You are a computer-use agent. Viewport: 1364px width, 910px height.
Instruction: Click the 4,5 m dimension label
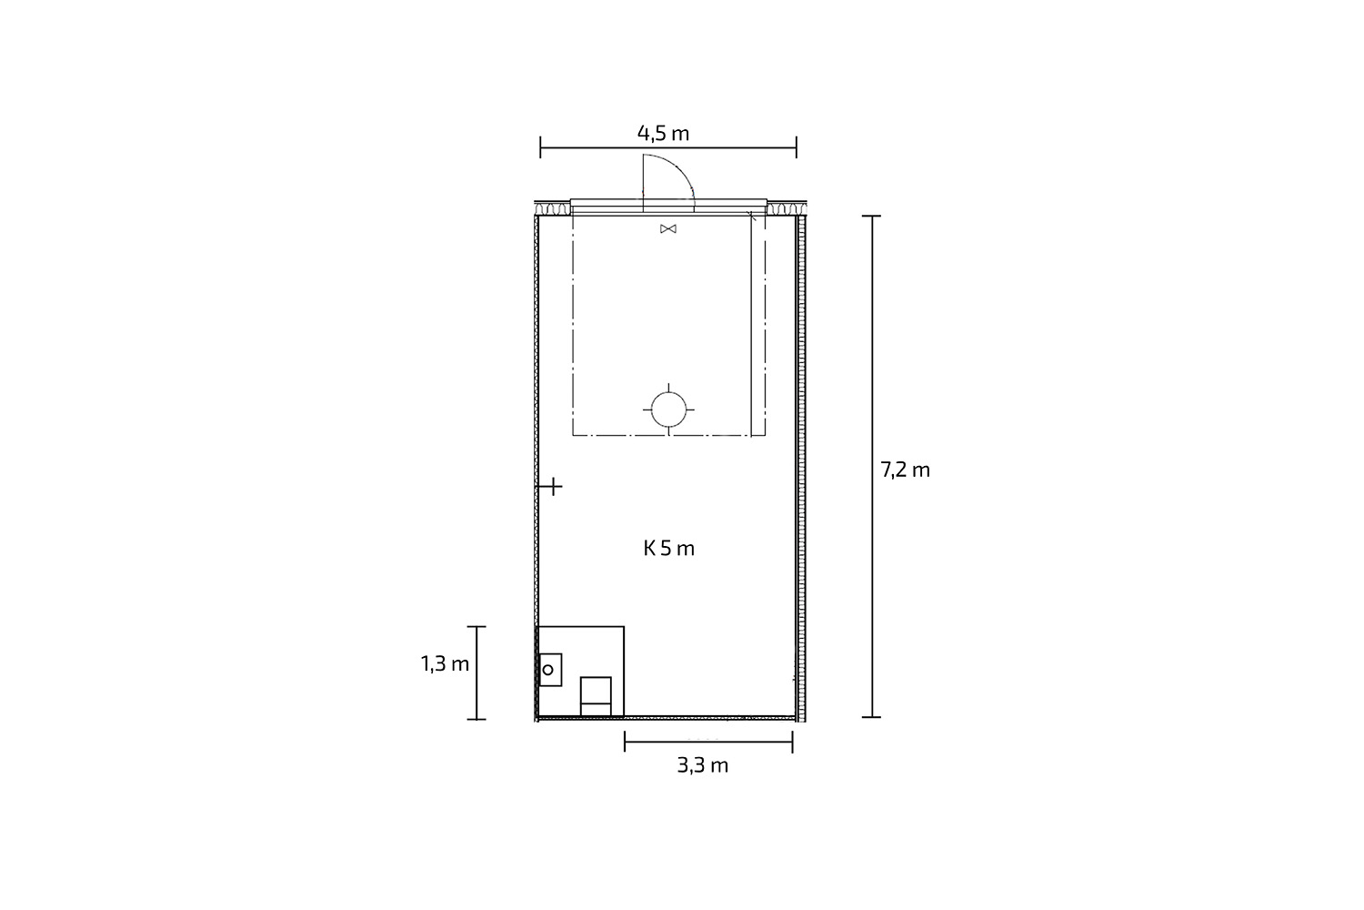coord(663,134)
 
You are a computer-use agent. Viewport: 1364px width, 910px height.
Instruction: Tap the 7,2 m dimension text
coord(906,470)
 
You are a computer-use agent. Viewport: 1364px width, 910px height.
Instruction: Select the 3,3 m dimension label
coord(703,765)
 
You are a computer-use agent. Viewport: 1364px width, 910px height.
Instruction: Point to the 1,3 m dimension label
coord(446,663)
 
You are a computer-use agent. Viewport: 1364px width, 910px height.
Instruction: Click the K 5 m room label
coord(668,549)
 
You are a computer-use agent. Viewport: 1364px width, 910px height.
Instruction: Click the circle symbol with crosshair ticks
coord(668,409)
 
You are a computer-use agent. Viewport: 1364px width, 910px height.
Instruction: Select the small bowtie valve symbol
coord(668,228)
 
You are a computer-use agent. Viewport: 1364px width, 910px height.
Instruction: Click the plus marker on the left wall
coord(552,487)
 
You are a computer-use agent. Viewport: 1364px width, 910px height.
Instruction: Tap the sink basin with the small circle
coord(550,670)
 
